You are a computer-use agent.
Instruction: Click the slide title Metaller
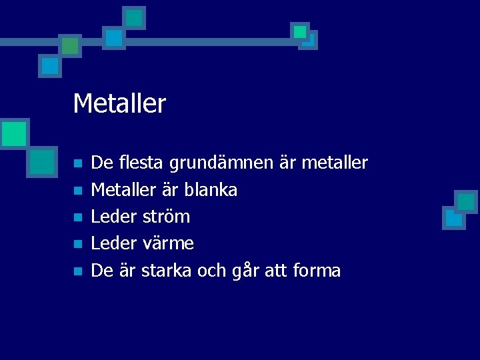coord(119,103)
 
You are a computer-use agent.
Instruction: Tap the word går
coord(250,271)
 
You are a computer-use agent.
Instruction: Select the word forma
coord(317,271)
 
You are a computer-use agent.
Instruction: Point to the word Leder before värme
coord(114,244)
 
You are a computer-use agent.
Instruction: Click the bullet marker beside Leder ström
coord(77,217)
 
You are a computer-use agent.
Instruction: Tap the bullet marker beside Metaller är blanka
coord(77,191)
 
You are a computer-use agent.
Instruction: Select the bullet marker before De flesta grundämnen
coord(77,163)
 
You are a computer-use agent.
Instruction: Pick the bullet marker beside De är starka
coord(77,271)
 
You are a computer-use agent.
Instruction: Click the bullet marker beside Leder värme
coord(77,245)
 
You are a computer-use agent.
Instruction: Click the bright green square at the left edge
coord(13,133)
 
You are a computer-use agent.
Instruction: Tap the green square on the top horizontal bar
coord(69,45)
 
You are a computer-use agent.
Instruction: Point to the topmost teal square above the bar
coord(134,17)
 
